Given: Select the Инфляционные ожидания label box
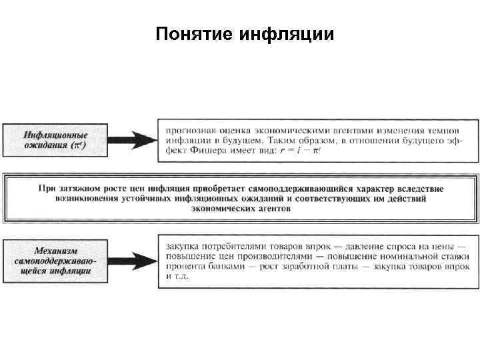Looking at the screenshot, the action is pyautogui.click(x=54, y=141).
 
